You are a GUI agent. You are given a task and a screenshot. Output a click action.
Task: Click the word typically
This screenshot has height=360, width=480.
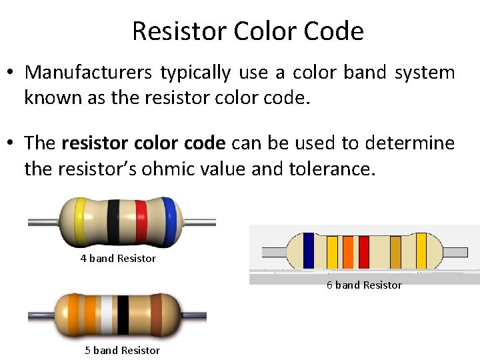click(194, 72)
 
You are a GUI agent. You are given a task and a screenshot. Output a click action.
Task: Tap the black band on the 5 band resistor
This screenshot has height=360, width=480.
click(123, 314)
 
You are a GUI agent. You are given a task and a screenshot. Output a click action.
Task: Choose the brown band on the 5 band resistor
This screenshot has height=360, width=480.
click(156, 314)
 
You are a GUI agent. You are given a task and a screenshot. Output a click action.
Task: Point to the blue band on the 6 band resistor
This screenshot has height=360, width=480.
click(309, 251)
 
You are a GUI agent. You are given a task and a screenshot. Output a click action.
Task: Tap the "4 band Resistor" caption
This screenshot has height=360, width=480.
click(118, 259)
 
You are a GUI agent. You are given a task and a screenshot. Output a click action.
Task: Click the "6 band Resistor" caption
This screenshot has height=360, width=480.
click(364, 285)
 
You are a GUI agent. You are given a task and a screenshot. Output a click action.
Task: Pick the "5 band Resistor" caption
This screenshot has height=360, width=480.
click(122, 351)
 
